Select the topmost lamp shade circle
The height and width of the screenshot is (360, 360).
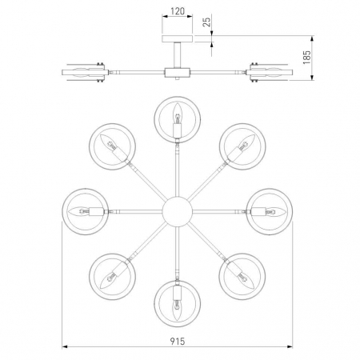pos(176,117)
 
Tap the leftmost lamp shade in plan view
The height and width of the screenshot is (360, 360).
pos(85,211)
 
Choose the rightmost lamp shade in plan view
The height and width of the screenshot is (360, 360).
pos(269,211)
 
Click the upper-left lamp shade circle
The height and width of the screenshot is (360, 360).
pos(110,146)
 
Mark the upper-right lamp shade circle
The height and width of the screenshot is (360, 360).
pos(243,146)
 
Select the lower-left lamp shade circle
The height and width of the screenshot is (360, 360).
pos(110,274)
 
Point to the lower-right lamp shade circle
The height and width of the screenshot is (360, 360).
pos(242,274)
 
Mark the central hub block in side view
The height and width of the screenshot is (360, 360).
pos(176,73)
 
